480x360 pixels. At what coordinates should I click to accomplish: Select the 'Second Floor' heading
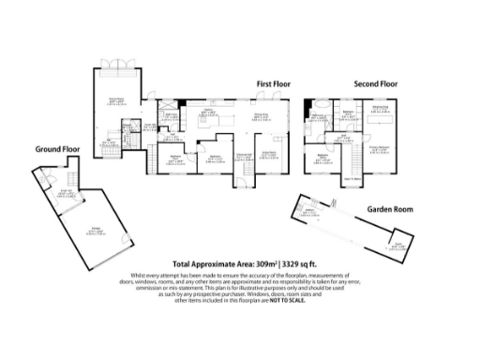tap(375, 83)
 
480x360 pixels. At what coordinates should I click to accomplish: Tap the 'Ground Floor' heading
tap(57, 149)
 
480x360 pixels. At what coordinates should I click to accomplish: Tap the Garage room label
tap(96, 229)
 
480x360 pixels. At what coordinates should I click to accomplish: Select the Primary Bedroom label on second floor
tap(379, 148)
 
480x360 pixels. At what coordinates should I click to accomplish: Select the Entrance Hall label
tap(243, 157)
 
